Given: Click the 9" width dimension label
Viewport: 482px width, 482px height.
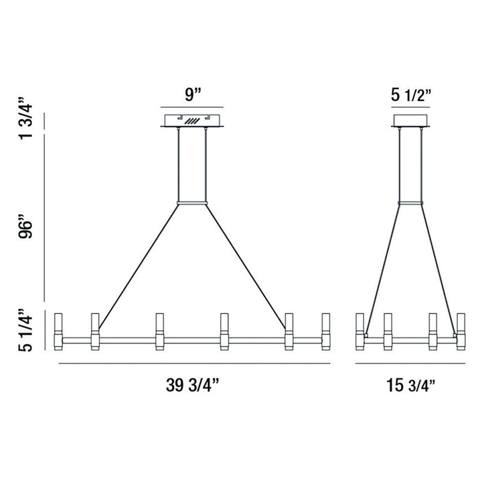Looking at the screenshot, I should (x=193, y=94).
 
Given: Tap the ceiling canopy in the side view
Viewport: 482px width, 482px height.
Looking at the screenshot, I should (x=410, y=121).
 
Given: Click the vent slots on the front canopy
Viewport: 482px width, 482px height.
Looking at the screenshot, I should (x=193, y=121).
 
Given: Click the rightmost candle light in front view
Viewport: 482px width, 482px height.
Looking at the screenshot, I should (x=326, y=331).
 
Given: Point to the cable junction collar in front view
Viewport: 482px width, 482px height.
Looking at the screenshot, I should (x=193, y=202).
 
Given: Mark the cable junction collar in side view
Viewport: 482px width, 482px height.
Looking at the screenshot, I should (x=410, y=202).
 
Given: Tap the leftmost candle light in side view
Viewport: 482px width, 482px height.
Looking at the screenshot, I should (x=359, y=331).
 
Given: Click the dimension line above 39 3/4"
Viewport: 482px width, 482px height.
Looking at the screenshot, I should (x=195, y=364).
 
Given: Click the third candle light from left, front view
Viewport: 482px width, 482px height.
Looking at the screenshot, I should (x=159, y=331).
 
